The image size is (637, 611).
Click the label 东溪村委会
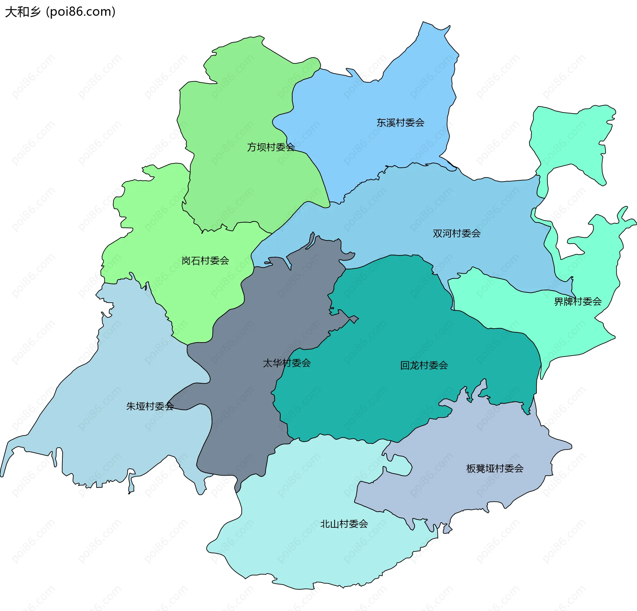click(x=400, y=123)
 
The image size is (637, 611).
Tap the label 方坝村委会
click(x=271, y=147)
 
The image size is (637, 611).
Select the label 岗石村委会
click(x=205, y=261)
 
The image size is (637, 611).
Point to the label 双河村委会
click(x=456, y=233)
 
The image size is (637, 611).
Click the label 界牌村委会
click(x=578, y=301)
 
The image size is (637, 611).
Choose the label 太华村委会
click(x=287, y=363)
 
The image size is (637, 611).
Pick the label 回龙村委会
click(x=424, y=365)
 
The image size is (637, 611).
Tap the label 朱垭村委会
click(x=150, y=406)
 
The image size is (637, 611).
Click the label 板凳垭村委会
click(x=494, y=468)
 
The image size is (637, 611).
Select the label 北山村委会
click(x=344, y=524)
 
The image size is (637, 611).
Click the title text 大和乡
click(x=23, y=12)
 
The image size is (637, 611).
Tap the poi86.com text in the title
click(x=81, y=12)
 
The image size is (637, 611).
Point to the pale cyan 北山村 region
click(x=299, y=548)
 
